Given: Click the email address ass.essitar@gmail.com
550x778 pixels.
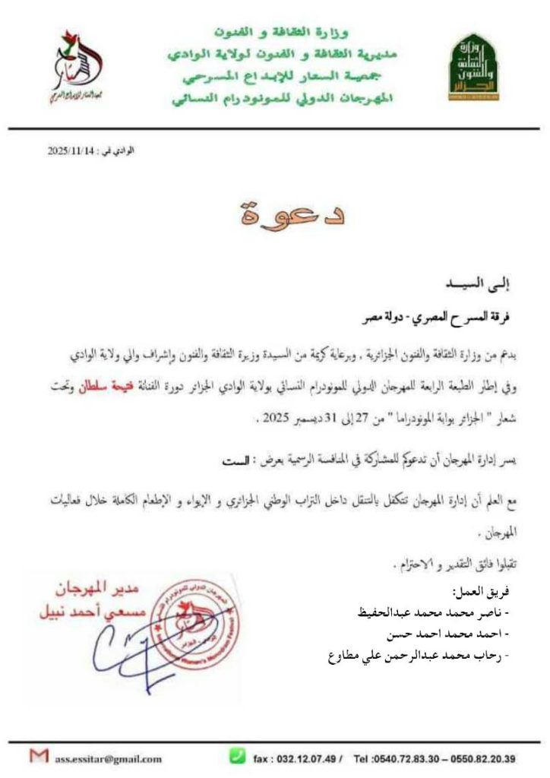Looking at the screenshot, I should tap(107, 757).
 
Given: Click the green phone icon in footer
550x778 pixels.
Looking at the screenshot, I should tap(238, 756).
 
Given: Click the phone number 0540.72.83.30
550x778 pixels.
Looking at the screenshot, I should tap(407, 758).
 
